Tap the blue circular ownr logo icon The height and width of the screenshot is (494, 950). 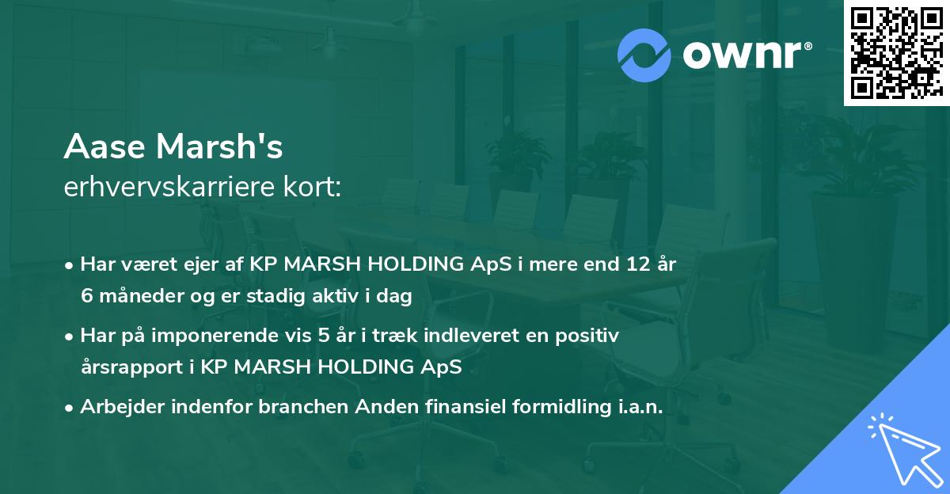point(644,55)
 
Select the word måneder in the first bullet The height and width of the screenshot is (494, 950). point(133,296)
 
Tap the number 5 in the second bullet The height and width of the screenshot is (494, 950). point(324,336)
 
